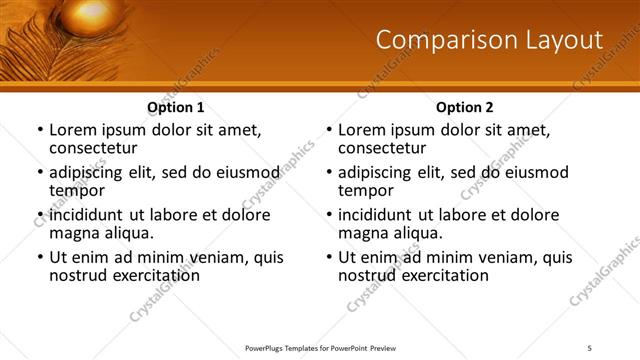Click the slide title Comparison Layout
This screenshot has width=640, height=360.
point(489,40)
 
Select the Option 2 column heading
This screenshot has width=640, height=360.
point(464,107)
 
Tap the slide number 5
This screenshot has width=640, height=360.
point(590,348)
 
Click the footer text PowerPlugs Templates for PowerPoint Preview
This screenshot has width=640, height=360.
point(320,348)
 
